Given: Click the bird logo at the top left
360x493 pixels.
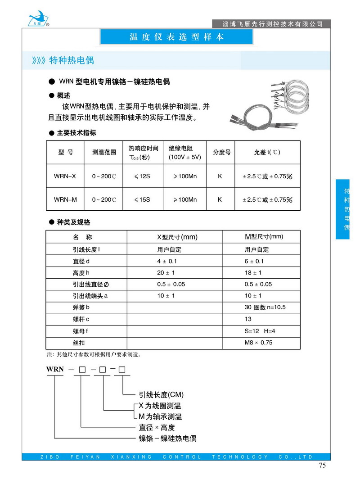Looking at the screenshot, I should coord(36,17).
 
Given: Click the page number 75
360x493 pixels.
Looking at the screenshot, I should coord(322,466).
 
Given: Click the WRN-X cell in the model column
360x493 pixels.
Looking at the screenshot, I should coord(65,176).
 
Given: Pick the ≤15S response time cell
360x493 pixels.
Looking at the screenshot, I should coord(143,199).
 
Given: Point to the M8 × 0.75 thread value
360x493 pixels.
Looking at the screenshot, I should coord(258,343).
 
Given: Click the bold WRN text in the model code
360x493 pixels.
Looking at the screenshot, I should coord(55,370).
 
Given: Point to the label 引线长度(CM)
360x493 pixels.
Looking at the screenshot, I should coord(161,395).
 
